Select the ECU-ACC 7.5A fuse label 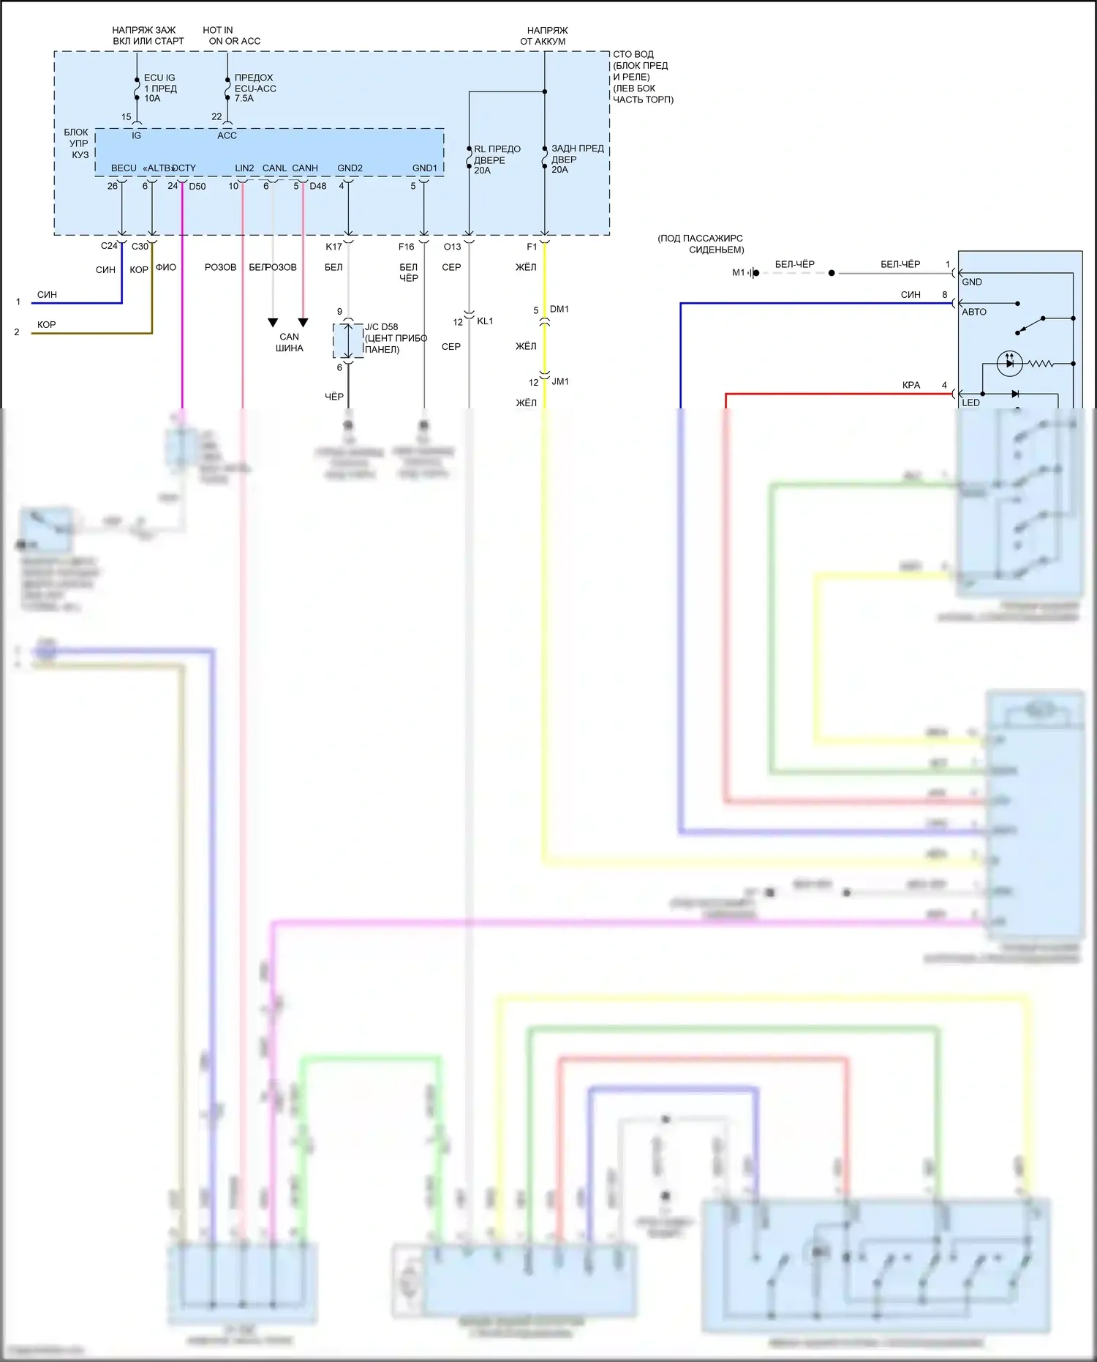pos(255,88)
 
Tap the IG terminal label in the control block pos(136,135)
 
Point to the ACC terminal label pos(227,135)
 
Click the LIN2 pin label pos(244,168)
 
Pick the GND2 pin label pos(350,168)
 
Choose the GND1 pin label pos(424,168)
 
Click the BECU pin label pos(124,168)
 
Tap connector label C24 pos(109,246)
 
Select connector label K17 pos(333,247)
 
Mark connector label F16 pos(406,247)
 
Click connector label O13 pos(452,247)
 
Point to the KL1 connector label pos(485,321)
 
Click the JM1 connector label pos(560,382)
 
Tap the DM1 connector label pos(559,310)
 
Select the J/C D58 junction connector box pos(348,340)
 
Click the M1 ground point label pos(739,273)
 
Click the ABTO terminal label pos(974,312)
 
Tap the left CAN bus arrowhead pos(273,323)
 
